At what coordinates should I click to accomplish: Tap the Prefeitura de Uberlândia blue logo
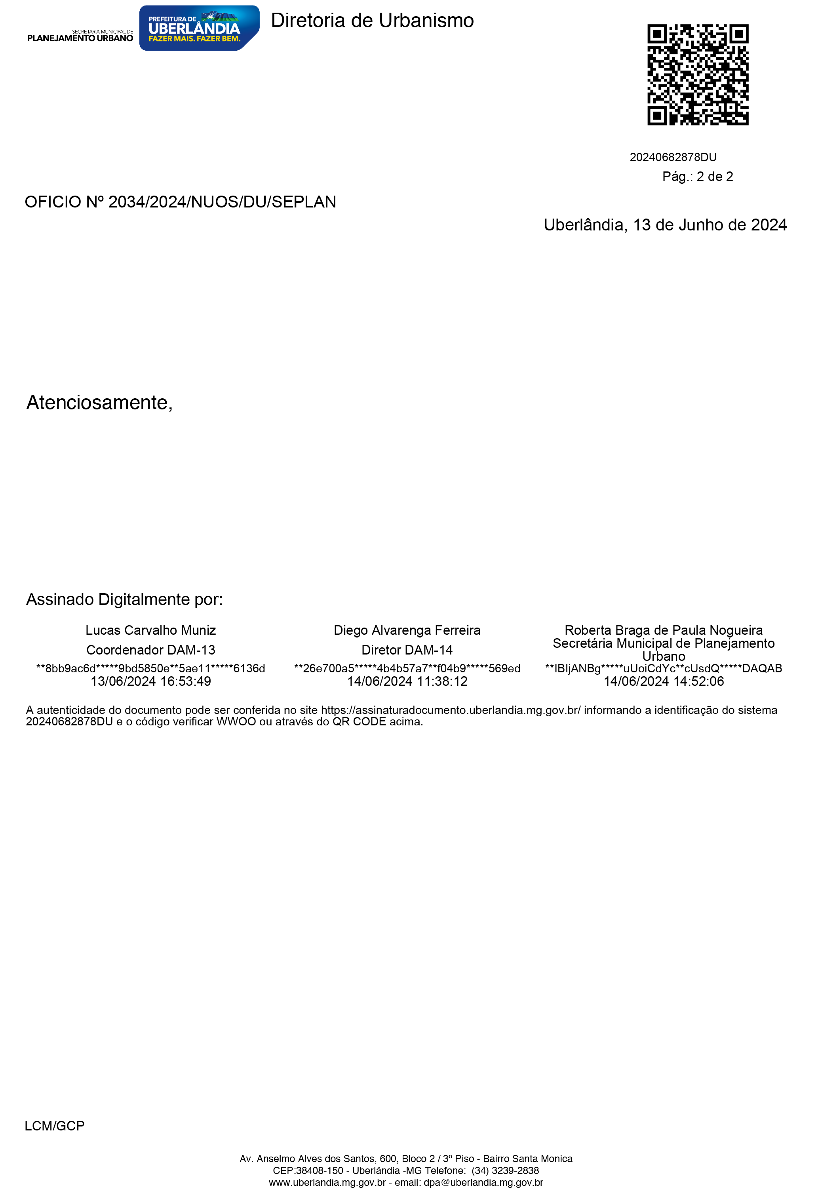pyautogui.click(x=199, y=28)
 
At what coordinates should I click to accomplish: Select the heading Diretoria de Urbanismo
pyautogui.click(x=372, y=21)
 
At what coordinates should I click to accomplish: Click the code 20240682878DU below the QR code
pyautogui.click(x=673, y=157)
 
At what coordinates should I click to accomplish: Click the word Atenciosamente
pyautogui.click(x=99, y=402)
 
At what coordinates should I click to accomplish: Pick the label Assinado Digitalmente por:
pyautogui.click(x=124, y=599)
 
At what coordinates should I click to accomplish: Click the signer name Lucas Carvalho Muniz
pyautogui.click(x=150, y=630)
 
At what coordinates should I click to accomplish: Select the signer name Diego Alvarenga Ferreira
pyautogui.click(x=407, y=630)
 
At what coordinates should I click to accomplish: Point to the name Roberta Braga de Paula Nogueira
pyautogui.click(x=664, y=630)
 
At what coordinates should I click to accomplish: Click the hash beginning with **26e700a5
pyautogui.click(x=407, y=668)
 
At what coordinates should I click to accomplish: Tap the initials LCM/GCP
pyautogui.click(x=54, y=1126)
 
